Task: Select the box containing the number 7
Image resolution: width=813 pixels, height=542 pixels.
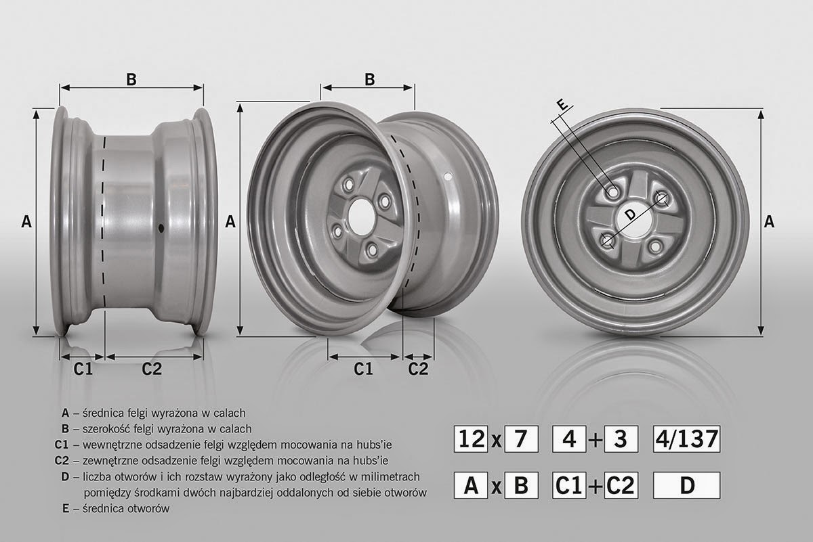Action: pyautogui.click(x=521, y=439)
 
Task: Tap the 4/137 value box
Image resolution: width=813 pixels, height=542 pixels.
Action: pyautogui.click(x=685, y=439)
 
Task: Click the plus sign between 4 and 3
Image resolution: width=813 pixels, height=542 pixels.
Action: pyautogui.click(x=596, y=440)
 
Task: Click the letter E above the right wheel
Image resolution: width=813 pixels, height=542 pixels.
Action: pyautogui.click(x=561, y=105)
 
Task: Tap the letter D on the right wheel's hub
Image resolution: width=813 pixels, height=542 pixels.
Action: pyautogui.click(x=629, y=214)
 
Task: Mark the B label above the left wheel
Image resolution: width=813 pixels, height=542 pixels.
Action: pyautogui.click(x=131, y=78)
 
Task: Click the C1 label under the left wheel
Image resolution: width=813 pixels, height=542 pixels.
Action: pyautogui.click(x=83, y=368)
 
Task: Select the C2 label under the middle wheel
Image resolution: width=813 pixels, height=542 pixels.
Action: pyautogui.click(x=419, y=368)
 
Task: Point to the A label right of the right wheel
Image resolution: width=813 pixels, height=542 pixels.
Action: pyautogui.click(x=769, y=221)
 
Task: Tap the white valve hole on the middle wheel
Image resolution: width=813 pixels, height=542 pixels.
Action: pyautogui.click(x=447, y=177)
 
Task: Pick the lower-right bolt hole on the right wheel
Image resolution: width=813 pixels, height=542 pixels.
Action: pyautogui.click(x=654, y=248)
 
